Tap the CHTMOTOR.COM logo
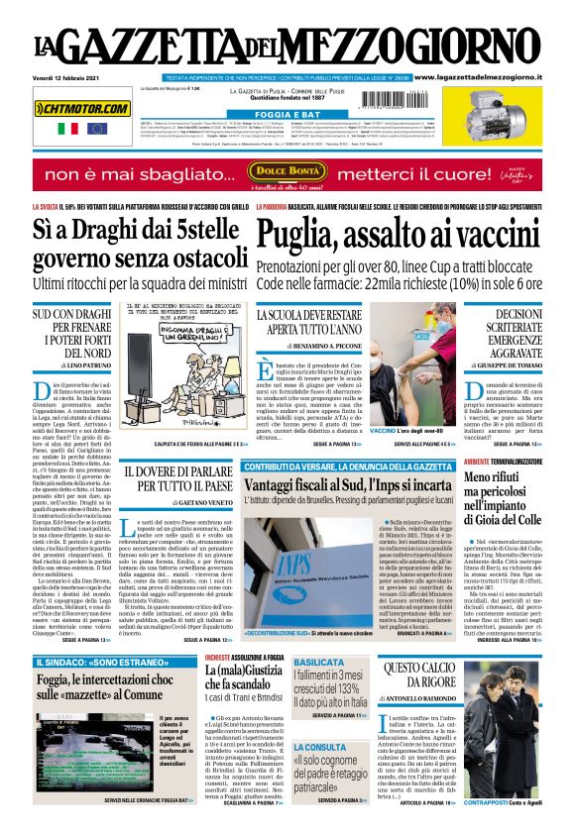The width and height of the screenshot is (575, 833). (x=81, y=108)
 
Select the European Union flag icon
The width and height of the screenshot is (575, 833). (x=96, y=129)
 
